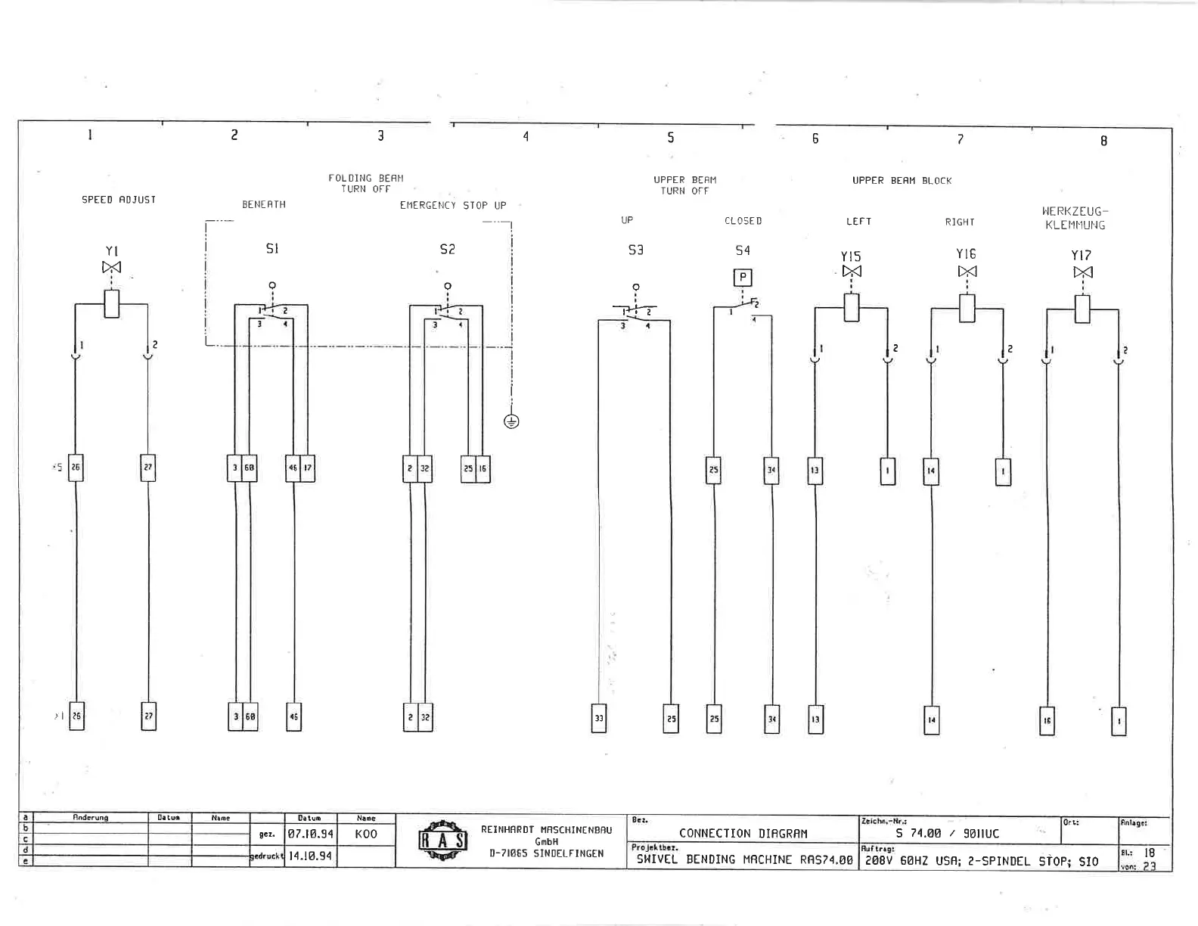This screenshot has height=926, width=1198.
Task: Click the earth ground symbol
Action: coord(511,421)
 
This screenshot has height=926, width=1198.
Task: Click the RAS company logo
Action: coord(443,841)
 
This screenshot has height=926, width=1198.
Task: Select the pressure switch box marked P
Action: coord(743,277)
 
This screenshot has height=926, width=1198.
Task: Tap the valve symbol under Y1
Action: coord(112,267)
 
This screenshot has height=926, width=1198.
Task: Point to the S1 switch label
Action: coord(272,249)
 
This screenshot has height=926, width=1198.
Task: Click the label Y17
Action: coord(1082,256)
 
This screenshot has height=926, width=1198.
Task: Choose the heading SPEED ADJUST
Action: coord(119,200)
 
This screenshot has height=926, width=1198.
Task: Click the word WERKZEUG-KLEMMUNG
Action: coord(1075,219)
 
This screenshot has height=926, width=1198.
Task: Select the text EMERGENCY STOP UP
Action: coord(453,205)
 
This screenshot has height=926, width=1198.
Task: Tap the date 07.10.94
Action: coord(310,834)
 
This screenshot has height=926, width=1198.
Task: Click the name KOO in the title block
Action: coord(366,834)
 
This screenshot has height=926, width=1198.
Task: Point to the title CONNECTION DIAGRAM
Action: coord(743,834)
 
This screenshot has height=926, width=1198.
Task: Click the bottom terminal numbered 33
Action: coord(599,718)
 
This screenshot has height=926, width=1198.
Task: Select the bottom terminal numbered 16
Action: coord(1047,721)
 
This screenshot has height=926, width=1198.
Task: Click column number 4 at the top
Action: coord(526,136)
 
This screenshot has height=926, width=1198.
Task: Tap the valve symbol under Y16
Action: coord(967,271)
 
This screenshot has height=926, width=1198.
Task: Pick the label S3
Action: coord(636,250)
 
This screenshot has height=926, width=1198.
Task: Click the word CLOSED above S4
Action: coord(743,221)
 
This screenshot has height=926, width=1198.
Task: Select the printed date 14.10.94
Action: coord(310,856)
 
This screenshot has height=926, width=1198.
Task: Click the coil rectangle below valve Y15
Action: coord(852,308)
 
